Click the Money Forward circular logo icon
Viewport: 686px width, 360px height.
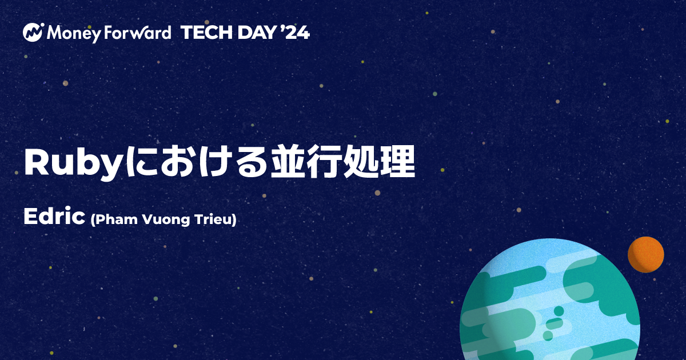tap(34, 33)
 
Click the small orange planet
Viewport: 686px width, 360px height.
tap(645, 254)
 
